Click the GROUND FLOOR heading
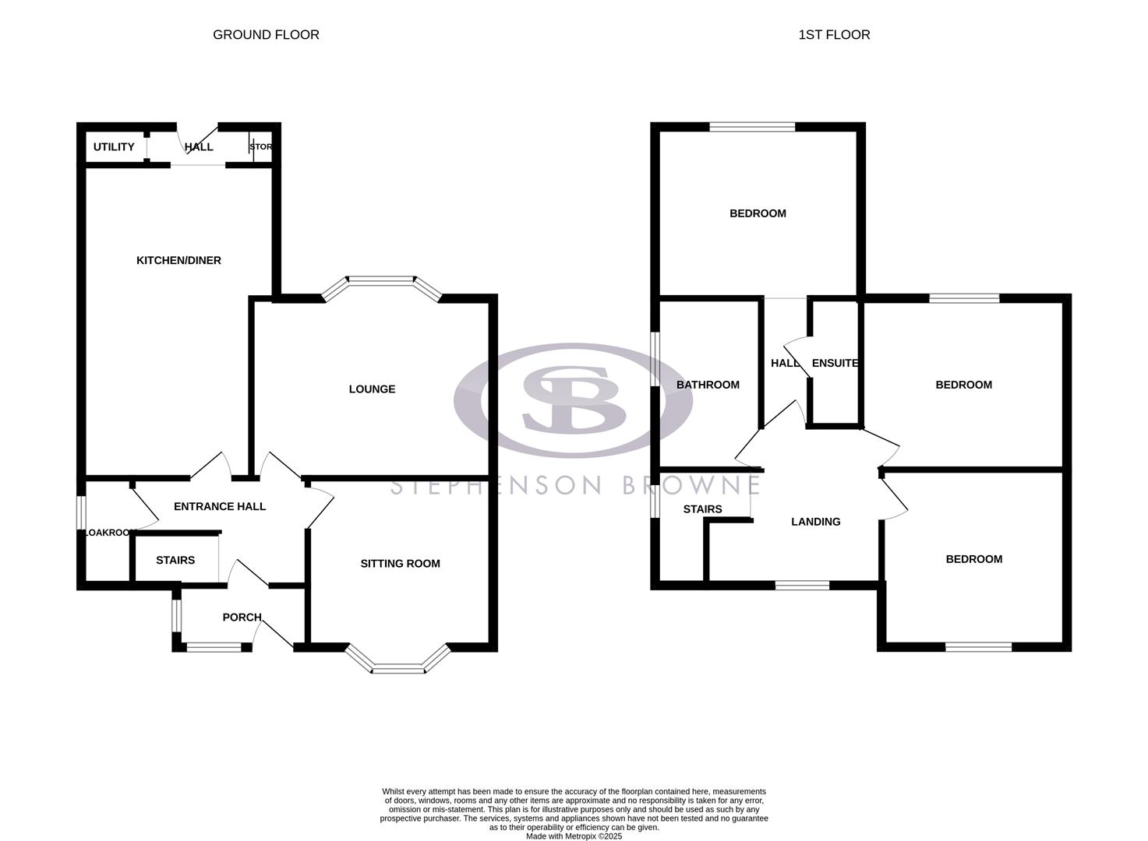(266, 34)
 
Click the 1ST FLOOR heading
(834, 34)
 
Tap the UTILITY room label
(114, 146)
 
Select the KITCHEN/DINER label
(178, 260)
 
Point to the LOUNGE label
(372, 389)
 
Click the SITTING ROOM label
(400, 563)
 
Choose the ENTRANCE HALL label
(220, 506)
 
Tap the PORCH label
(242, 617)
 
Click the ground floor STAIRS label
(175, 560)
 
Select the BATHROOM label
(708, 385)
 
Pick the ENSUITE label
(835, 363)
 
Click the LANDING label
(815, 522)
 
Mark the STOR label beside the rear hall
(260, 146)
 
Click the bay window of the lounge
(382, 279)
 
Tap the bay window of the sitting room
(398, 667)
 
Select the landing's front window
(802, 585)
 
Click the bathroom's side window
(655, 361)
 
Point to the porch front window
(214, 646)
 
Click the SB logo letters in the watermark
(573, 399)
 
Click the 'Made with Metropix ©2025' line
(574, 836)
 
